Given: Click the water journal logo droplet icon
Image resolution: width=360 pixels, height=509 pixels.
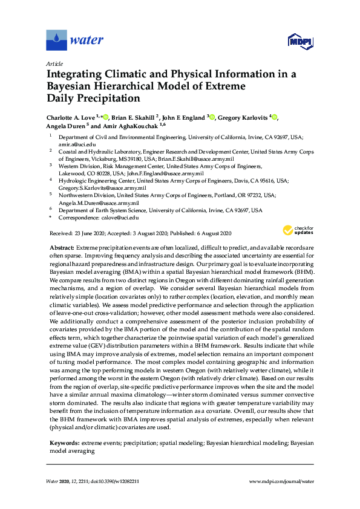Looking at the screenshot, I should [56, 41].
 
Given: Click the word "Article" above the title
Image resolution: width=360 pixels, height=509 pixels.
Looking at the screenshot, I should [54, 63].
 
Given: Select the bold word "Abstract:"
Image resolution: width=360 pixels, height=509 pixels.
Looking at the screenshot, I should [61, 248].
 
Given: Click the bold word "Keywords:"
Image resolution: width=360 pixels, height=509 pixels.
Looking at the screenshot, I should [64, 444].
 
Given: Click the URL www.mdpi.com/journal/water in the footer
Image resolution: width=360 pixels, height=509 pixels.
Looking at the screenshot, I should [281, 481].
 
